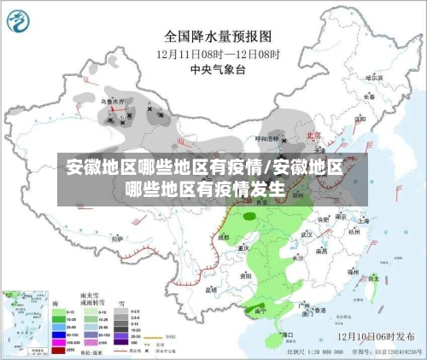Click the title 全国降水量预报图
pyautogui.click(x=218, y=37)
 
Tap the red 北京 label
pyautogui.click(x=313, y=136)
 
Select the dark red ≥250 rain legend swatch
pyautogui.click(x=58, y=350)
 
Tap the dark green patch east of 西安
pyautogui.click(x=249, y=217)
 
